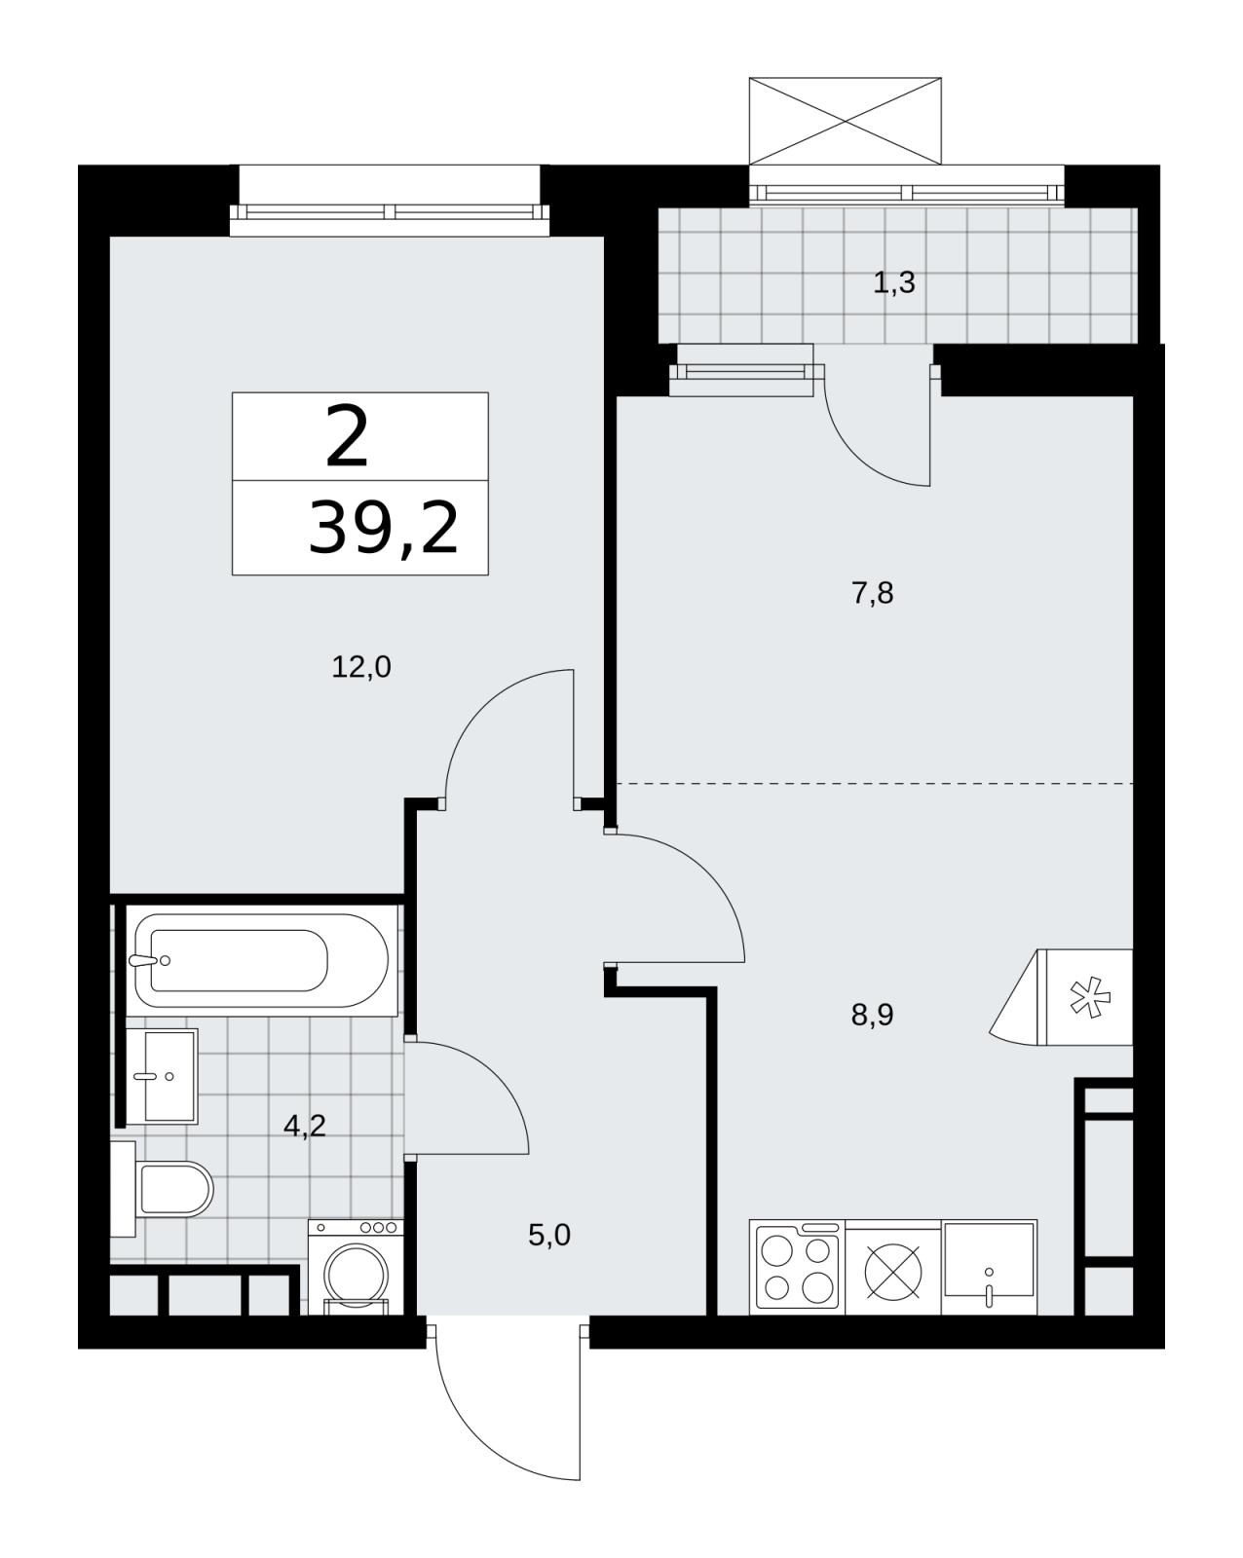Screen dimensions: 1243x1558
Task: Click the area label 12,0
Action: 360,667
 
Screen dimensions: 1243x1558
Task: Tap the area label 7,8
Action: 872,594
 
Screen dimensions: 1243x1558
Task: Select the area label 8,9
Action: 872,1015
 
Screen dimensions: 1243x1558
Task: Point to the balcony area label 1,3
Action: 894,282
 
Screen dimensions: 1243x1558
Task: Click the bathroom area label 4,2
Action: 304,1126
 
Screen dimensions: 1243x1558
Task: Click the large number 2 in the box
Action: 347,436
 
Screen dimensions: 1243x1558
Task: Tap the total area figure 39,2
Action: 383,529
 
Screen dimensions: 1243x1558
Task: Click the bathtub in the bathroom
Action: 261,961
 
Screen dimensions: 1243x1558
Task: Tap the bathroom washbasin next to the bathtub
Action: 162,1077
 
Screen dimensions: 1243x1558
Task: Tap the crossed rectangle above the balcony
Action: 846,121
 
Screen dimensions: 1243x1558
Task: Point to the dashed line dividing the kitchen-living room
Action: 875,784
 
